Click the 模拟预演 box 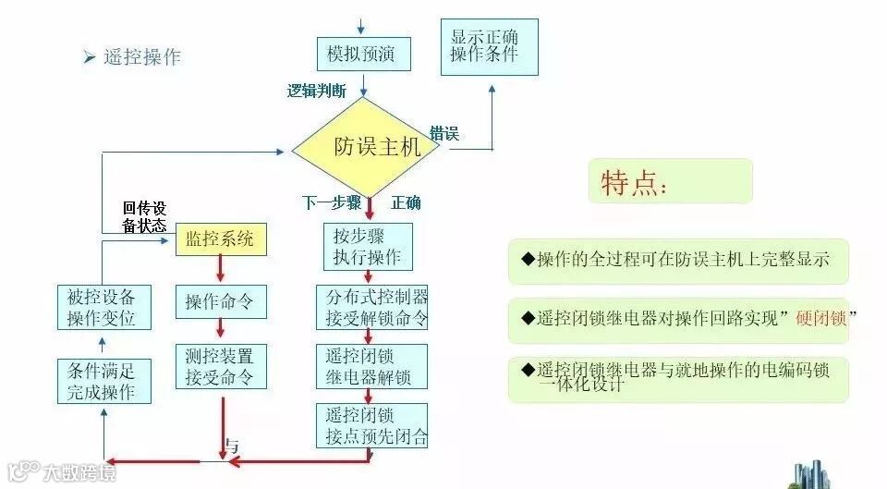(361, 55)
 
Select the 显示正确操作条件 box (484, 46)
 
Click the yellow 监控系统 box (220, 239)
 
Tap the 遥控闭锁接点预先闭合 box (371, 425)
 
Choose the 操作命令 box (220, 301)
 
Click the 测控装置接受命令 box (220, 366)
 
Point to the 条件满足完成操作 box (102, 381)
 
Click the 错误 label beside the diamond (444, 134)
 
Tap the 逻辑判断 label (317, 91)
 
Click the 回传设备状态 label (144, 217)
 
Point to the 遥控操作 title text (142, 56)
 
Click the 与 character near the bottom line (232, 446)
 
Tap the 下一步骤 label (332, 202)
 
